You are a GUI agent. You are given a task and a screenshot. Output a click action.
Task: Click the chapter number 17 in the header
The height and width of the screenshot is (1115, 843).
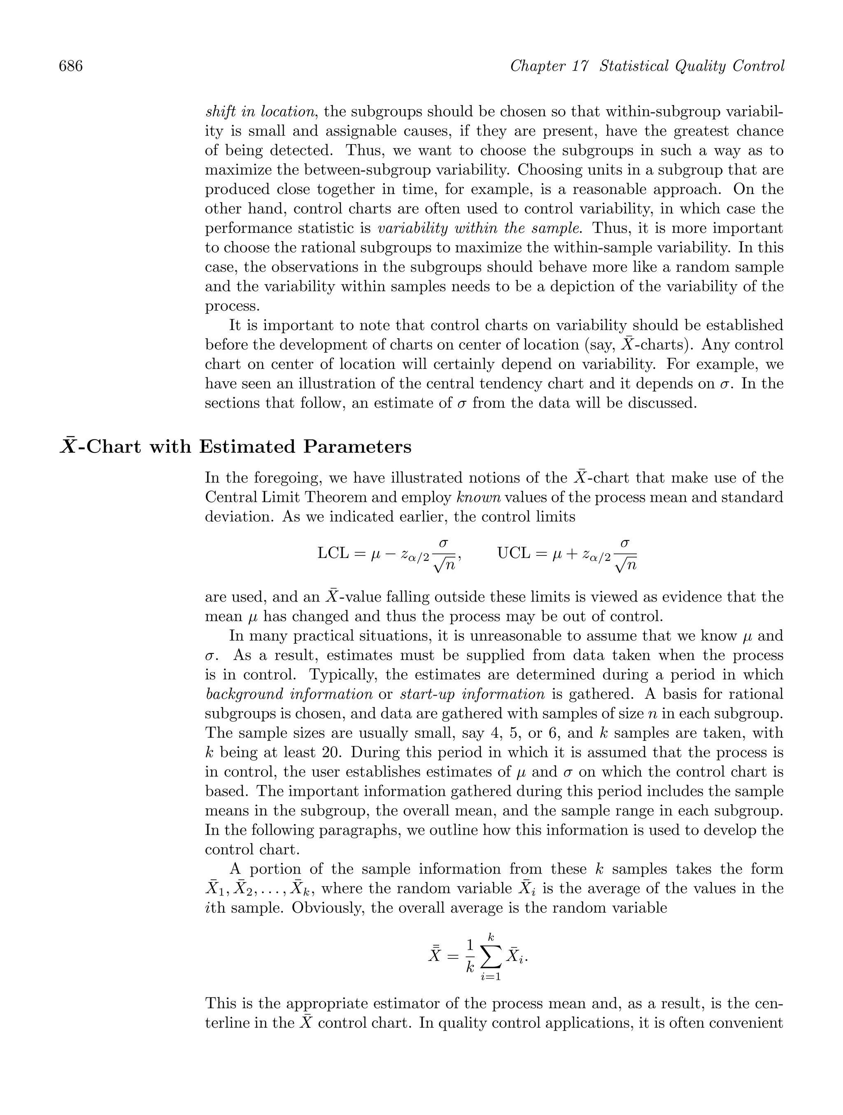580,66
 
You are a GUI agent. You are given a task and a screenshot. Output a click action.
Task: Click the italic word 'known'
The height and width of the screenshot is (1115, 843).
478,497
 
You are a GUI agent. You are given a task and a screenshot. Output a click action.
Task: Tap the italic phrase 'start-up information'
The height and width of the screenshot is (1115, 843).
473,694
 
